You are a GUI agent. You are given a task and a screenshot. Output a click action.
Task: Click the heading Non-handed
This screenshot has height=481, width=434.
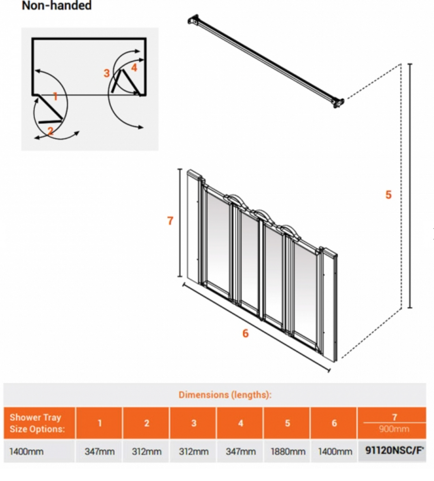(x=56, y=6)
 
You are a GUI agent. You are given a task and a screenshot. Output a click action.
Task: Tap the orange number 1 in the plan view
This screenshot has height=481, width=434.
(x=55, y=96)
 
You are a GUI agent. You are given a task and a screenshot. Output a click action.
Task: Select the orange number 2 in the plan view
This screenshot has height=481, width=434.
(x=50, y=131)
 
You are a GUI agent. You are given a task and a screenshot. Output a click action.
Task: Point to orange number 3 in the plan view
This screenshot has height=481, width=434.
(x=107, y=73)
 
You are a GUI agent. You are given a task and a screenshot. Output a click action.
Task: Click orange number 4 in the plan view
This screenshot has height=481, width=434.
(x=134, y=67)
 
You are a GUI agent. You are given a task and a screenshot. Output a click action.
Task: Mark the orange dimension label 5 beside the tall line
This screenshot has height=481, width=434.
(x=389, y=195)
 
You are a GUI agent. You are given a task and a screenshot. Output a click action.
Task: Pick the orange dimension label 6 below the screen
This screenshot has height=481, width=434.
(x=245, y=333)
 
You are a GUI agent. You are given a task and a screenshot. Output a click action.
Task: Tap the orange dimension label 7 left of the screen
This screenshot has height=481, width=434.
(x=170, y=221)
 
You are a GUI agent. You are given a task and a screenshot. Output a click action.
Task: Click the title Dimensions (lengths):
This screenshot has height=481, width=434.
(x=225, y=395)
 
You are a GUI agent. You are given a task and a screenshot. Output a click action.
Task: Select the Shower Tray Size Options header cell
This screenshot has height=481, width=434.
(x=38, y=423)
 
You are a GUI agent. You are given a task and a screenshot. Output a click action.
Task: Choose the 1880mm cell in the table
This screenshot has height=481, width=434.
(x=288, y=451)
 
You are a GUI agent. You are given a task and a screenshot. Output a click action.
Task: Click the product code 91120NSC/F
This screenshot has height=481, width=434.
(x=394, y=450)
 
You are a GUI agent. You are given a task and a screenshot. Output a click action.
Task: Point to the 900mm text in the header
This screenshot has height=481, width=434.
(x=394, y=429)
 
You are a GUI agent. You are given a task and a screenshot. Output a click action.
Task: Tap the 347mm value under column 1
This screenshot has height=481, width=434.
(x=99, y=451)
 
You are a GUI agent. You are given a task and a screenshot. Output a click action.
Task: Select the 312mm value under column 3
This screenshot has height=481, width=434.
(x=193, y=451)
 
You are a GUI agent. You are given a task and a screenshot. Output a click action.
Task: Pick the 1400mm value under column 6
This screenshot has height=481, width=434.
(x=335, y=451)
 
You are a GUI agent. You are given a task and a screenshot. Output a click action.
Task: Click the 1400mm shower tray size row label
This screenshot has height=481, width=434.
(x=26, y=451)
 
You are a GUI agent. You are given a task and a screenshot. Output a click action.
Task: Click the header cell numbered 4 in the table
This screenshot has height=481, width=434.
(x=241, y=423)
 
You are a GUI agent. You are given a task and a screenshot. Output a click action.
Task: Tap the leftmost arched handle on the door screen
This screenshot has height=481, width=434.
(x=234, y=198)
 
